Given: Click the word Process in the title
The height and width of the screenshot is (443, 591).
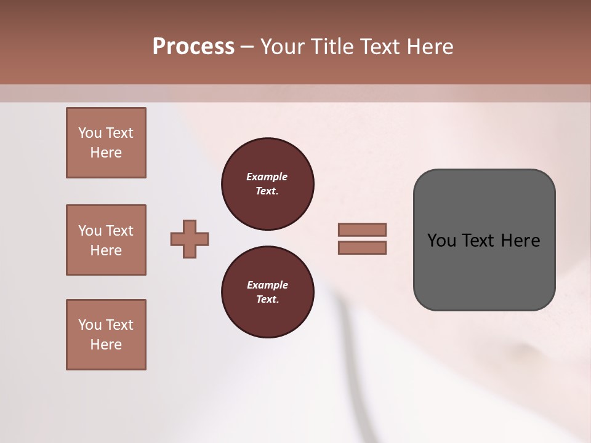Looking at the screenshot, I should pos(193,47).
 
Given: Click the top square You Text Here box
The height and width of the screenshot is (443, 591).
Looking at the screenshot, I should pos(106,143).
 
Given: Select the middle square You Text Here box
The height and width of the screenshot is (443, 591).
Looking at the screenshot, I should pos(106,240).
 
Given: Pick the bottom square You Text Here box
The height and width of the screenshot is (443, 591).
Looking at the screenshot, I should pos(106,335).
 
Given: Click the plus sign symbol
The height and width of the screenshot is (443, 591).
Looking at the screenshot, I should pos(190,239).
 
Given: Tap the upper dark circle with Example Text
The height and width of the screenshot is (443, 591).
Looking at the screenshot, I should pos(267,184).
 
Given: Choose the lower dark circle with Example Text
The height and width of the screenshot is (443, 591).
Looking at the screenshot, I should pos(267,292).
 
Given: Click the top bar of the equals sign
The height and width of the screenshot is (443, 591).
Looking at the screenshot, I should pos(362,229).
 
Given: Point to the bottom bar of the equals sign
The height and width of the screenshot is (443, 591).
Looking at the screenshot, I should pos(362,247).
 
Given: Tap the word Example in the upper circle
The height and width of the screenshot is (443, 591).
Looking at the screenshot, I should pos(267,177).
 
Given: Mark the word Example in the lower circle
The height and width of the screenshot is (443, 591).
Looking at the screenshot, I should pos(267,285).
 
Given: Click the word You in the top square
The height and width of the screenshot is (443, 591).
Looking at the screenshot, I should pos(89,133).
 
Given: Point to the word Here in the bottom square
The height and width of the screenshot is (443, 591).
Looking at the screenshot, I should pos(106,345).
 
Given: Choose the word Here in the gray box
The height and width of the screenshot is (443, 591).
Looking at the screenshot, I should pos(520,241).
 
